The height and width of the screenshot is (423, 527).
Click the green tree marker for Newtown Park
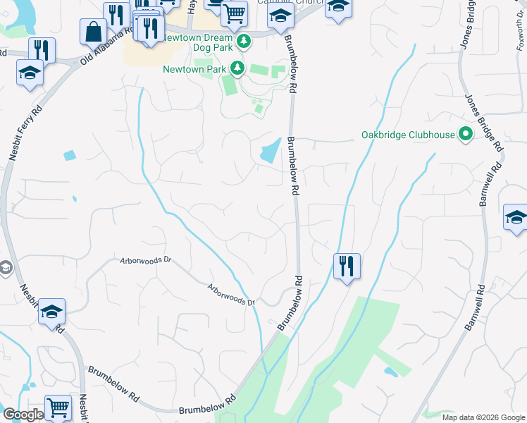pos(238,68)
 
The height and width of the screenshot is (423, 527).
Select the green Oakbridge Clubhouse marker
pos(465,133)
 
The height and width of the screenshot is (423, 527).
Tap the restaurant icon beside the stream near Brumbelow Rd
pos(347,266)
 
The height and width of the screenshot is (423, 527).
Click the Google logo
pos(23,415)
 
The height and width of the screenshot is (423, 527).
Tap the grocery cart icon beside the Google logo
pos(58,407)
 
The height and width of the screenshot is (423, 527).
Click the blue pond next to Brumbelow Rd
pos(271,150)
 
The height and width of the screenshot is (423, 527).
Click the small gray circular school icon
pos(5,268)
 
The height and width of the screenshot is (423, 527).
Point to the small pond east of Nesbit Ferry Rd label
pos(69,155)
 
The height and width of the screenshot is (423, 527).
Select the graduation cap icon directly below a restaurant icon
pos(30,73)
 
